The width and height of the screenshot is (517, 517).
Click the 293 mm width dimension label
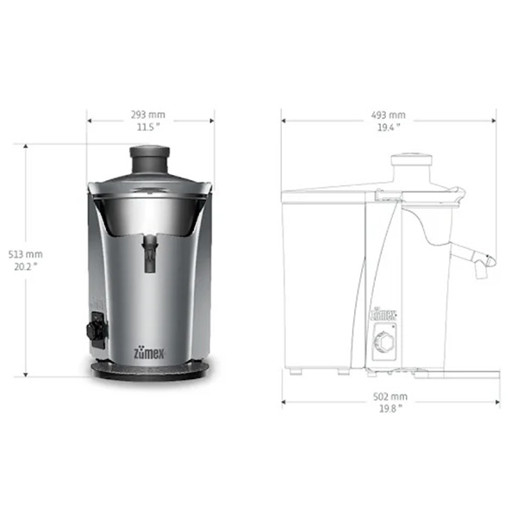click(x=148, y=115)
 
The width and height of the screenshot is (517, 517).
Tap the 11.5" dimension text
click(x=148, y=127)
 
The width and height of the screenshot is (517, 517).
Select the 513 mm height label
click(x=25, y=254)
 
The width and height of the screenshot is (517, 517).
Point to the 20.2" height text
click(x=25, y=266)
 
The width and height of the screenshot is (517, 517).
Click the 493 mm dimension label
click(x=389, y=115)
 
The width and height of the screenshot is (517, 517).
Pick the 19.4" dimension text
click(x=389, y=128)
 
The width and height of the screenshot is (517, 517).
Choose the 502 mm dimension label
click(x=390, y=396)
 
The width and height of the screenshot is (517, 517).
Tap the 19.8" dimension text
click(x=390, y=408)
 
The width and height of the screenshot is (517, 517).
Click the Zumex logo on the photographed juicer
click(x=149, y=353)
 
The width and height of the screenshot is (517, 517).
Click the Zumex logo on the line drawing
click(x=383, y=315)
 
